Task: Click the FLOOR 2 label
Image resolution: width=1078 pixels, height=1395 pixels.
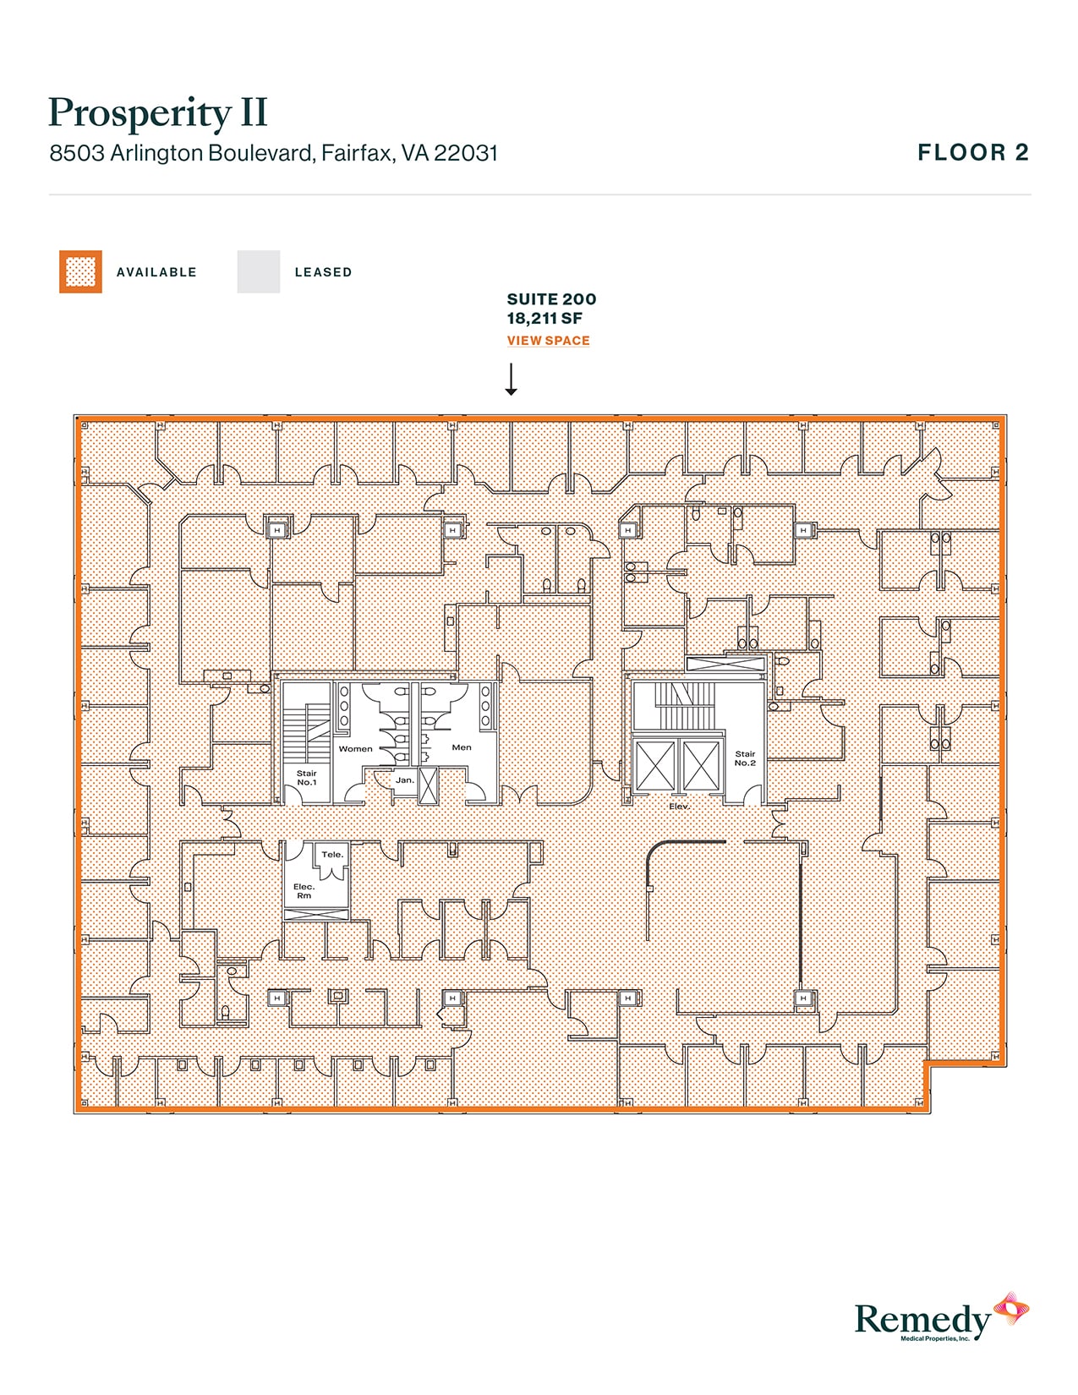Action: (973, 153)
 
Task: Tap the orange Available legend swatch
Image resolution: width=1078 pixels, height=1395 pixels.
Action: (80, 272)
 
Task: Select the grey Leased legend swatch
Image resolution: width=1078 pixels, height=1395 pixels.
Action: (258, 272)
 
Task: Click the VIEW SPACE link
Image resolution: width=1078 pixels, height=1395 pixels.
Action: (548, 341)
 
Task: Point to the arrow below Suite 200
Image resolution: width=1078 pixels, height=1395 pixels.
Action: (511, 380)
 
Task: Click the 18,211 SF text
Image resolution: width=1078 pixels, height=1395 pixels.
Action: (544, 319)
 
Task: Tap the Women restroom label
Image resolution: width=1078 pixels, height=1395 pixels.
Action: (355, 749)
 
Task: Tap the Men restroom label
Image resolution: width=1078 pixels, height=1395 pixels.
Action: (462, 747)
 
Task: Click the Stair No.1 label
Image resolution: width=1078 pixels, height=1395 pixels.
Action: (306, 778)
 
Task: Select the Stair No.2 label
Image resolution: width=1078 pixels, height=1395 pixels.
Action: (745, 758)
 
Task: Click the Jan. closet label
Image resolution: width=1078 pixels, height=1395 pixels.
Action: (405, 780)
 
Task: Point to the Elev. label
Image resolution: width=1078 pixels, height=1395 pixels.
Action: (679, 807)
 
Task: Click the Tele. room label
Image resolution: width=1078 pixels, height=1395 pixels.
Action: (332, 855)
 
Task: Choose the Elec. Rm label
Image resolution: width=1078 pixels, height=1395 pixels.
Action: (304, 891)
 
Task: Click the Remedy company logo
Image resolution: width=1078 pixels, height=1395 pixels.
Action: (940, 1319)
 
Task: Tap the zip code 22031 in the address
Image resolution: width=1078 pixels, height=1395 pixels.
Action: (466, 154)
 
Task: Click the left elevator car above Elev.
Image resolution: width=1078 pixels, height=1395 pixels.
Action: (655, 766)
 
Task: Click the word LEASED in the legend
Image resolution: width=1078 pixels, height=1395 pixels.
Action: (323, 272)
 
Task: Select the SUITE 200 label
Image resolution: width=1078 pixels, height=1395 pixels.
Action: (551, 299)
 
